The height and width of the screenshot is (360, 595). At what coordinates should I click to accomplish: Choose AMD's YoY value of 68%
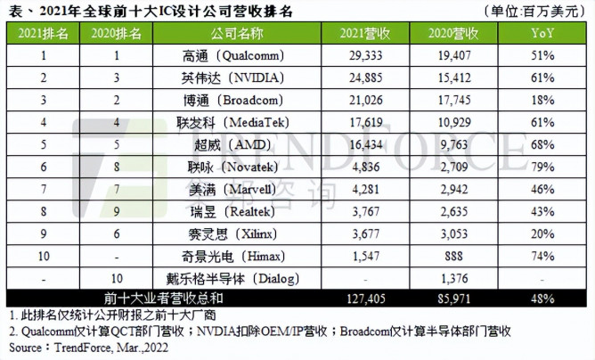tap(538, 137)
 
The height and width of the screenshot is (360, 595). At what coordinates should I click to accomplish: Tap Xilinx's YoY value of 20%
tap(538, 219)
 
